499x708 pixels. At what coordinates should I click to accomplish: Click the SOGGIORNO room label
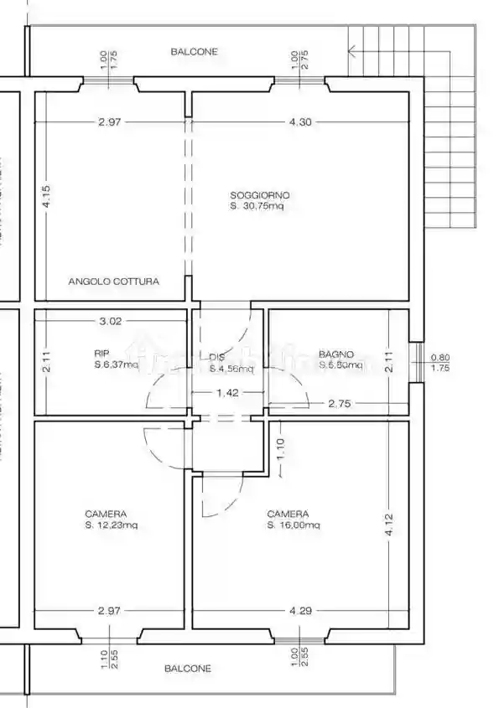point(260,194)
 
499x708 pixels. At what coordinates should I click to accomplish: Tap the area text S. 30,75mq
point(257,206)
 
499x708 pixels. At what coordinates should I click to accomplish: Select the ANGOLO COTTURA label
point(113,282)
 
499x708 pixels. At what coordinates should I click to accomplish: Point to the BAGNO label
point(336,354)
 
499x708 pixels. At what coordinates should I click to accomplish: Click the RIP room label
point(101,354)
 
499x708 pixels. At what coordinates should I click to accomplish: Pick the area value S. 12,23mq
point(111,525)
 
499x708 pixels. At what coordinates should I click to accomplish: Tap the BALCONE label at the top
point(194,52)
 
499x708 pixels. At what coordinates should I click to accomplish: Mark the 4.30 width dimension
point(300,122)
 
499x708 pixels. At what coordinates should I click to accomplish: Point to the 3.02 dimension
point(111,320)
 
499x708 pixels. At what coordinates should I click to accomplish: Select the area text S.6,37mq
point(115,365)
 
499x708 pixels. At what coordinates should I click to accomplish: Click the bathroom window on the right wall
point(414,361)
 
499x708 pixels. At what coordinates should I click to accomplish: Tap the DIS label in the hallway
point(216,355)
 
